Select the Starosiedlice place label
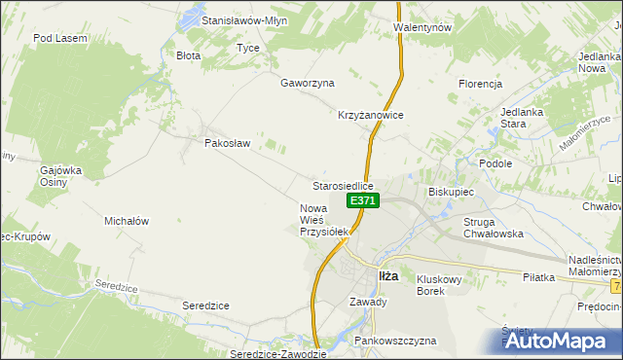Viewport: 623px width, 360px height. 343,185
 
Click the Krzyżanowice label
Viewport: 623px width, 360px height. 371,114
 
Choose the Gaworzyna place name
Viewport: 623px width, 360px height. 308,84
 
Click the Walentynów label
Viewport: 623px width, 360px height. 422,28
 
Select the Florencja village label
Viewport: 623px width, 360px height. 480,84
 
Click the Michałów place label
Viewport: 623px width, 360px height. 126,221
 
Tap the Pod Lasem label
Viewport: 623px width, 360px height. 60,38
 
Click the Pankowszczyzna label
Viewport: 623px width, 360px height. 395,341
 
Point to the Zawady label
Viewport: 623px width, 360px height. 368,302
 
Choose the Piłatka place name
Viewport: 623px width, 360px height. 537,277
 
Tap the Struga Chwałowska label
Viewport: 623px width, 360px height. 495,228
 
